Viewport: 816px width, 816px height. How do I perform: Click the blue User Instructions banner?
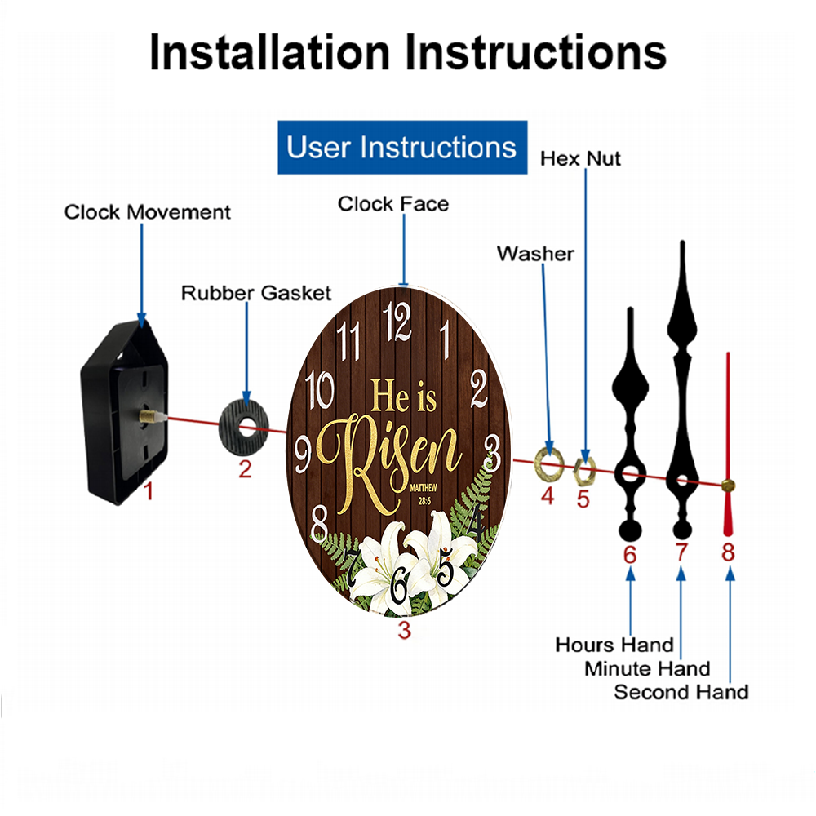402,147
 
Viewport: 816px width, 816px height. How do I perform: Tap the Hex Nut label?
580,159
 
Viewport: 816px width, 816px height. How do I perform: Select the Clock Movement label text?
147,212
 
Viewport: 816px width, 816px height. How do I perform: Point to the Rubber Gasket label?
256,293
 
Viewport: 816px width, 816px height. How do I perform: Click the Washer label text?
535,254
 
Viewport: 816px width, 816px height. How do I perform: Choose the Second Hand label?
681,692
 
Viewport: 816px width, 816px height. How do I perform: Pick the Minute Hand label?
647,669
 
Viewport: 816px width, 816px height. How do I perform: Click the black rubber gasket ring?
243,428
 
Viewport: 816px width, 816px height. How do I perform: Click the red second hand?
728,444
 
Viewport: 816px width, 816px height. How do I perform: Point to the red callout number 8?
728,552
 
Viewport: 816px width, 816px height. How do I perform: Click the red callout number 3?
405,630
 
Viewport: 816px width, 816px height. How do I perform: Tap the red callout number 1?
149,490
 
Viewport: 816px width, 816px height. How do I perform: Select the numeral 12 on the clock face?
397,322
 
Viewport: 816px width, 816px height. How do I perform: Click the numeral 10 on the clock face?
319,389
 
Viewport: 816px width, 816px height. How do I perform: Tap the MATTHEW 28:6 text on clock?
424,494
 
